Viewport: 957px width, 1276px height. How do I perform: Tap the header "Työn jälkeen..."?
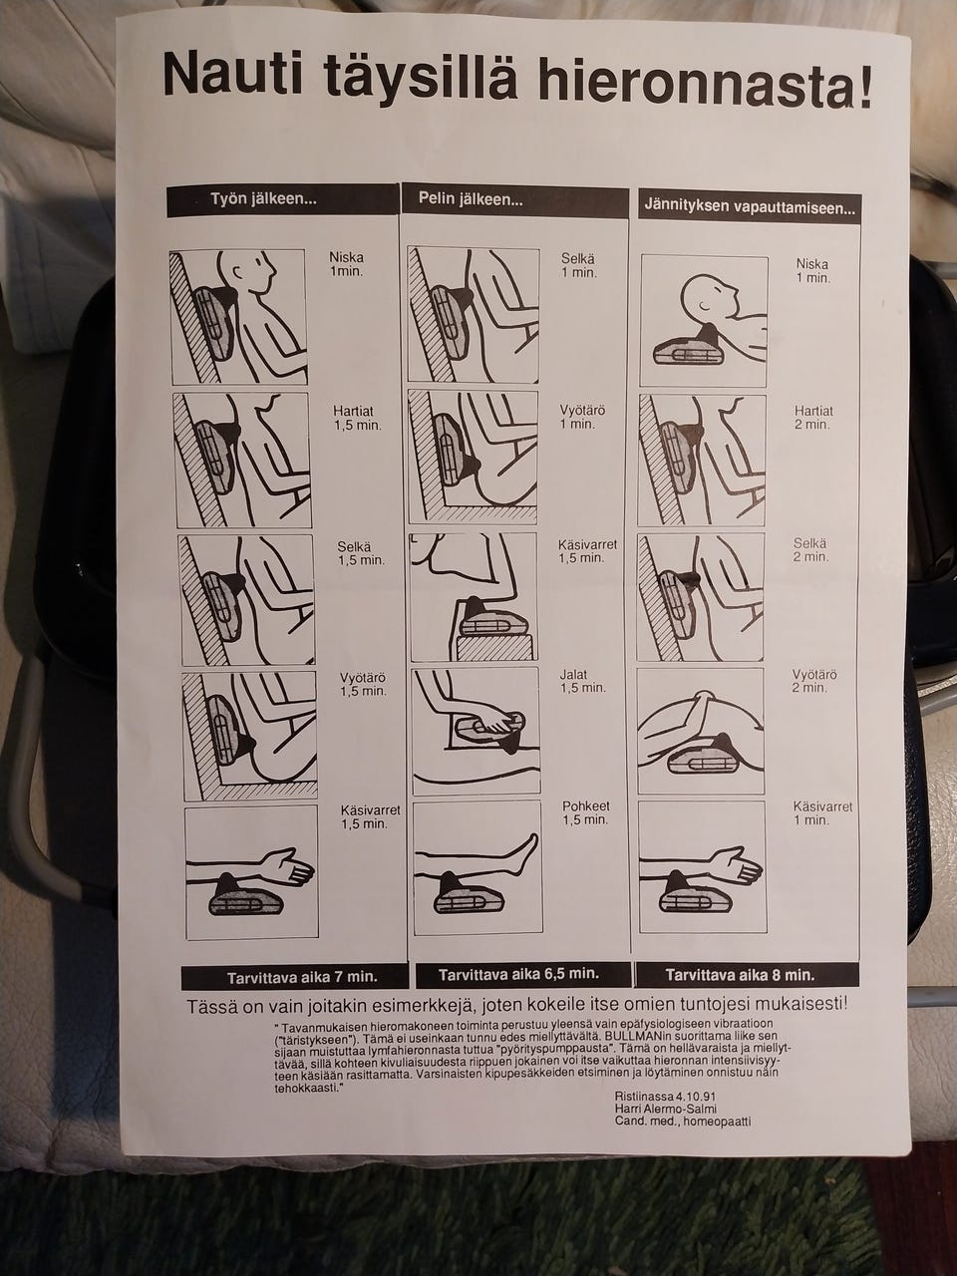263,198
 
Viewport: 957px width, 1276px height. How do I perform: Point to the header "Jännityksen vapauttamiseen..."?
749,208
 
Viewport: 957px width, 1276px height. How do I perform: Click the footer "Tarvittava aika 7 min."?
293,977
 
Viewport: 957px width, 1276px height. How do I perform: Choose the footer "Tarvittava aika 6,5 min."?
518,973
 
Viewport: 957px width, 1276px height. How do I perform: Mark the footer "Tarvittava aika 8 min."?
740,975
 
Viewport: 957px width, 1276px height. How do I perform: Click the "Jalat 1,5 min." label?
583,681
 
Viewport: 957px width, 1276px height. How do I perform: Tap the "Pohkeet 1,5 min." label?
585,813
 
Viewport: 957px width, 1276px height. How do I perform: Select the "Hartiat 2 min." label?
813,418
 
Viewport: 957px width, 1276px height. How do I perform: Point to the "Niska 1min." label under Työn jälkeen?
346,264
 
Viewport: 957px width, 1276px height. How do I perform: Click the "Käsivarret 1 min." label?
822,813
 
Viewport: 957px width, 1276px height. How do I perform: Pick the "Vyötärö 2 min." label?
814,681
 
